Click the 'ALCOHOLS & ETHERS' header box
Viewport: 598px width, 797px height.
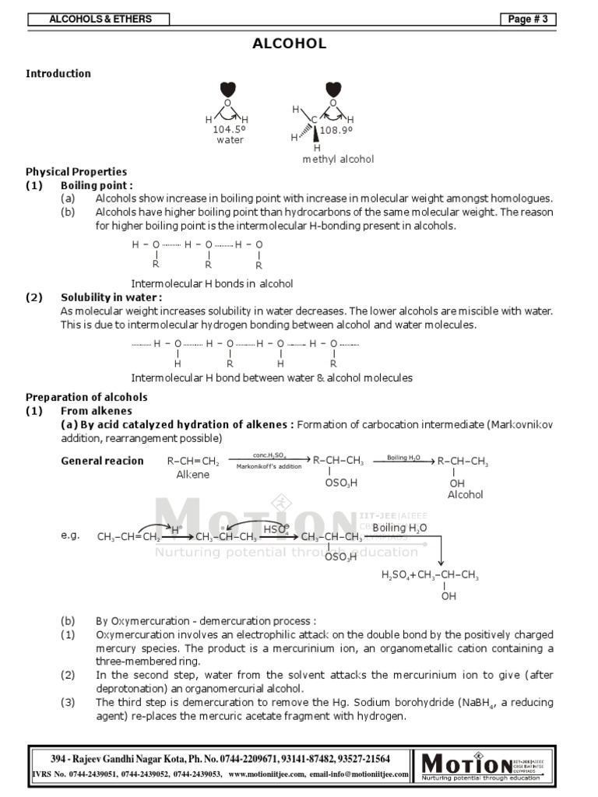coord(100,19)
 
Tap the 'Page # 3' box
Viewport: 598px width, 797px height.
coord(529,19)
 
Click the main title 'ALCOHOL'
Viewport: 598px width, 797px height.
coord(289,44)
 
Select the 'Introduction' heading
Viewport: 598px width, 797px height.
coord(58,74)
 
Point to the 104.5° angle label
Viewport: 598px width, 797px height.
coord(230,130)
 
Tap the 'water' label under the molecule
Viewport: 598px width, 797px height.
coord(230,140)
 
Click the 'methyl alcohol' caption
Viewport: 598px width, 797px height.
coord(338,159)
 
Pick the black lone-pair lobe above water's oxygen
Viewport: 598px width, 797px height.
coord(227,89)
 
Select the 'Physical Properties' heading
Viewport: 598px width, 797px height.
coord(76,172)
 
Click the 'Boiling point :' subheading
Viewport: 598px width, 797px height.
coord(97,185)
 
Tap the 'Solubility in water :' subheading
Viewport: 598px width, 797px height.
coord(111,297)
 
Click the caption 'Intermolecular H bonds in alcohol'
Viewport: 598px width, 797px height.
coord(212,283)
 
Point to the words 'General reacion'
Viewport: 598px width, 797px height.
coord(103,461)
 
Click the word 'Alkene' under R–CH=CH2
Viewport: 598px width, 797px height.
coord(192,475)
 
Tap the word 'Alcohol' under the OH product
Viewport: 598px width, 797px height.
coord(465,494)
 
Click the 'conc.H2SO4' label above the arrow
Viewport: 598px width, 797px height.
coord(270,455)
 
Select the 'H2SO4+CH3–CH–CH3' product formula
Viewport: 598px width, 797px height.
coord(430,575)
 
